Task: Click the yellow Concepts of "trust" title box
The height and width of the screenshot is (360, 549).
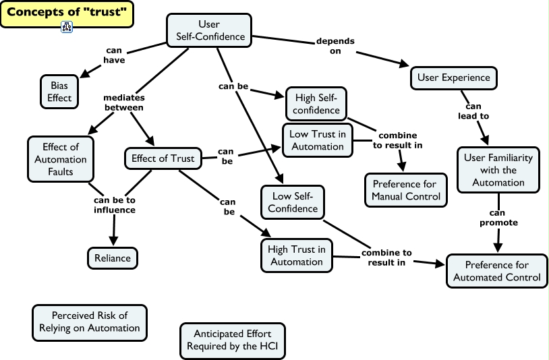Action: [x=66, y=13]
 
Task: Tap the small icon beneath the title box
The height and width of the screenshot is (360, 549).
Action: [x=67, y=28]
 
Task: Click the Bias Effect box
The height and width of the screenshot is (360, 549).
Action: [x=59, y=92]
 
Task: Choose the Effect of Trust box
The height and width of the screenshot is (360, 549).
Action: [x=163, y=159]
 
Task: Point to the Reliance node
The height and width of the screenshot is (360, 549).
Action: [x=113, y=258]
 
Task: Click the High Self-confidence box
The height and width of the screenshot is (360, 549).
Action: [x=316, y=104]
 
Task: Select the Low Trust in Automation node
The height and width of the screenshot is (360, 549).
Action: [x=317, y=140]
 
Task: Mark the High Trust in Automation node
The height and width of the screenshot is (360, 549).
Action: [x=296, y=255]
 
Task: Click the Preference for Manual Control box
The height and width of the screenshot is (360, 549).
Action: [x=405, y=190]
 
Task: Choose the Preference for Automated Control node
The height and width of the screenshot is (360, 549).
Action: [x=496, y=271]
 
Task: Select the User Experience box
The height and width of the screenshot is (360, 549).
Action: [x=453, y=78]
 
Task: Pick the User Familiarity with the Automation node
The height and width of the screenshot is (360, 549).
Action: [x=498, y=170]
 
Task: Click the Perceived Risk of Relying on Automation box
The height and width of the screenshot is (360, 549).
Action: [x=90, y=322]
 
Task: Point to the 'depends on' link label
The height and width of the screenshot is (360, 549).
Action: [x=335, y=46]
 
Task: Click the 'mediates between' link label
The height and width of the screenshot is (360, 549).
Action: [x=123, y=102]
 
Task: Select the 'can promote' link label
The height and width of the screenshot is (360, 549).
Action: [x=498, y=217]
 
